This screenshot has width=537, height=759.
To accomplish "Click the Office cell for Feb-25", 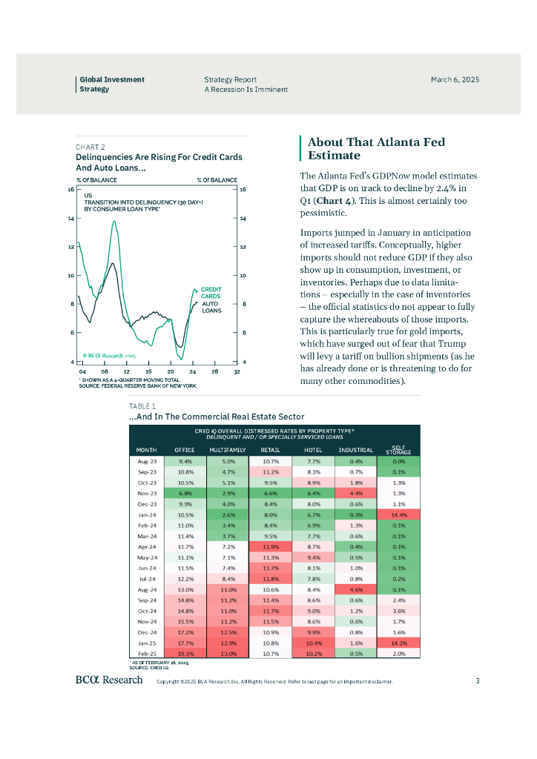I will [185, 654].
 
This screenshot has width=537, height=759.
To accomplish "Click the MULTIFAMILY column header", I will [228, 450].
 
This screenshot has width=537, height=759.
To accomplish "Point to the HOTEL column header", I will [313, 450].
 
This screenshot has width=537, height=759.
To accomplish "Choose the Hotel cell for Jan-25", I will [313, 643].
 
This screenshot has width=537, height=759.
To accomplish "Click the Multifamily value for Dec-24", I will [228, 632].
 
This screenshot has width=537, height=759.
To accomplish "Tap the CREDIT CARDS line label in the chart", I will [211, 293].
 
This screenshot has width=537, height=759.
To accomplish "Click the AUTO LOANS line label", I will [211, 307].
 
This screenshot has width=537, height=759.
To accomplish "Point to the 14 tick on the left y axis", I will [70, 219].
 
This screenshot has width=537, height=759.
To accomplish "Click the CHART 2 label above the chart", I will [90, 147].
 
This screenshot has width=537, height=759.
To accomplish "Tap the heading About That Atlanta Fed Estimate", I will [377, 148].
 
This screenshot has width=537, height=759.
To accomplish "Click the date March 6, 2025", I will [455, 79].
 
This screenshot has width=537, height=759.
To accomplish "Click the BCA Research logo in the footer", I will [108, 680].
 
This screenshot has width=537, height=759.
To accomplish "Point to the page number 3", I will [478, 680].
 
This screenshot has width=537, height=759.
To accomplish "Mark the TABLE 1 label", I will [142, 406].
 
